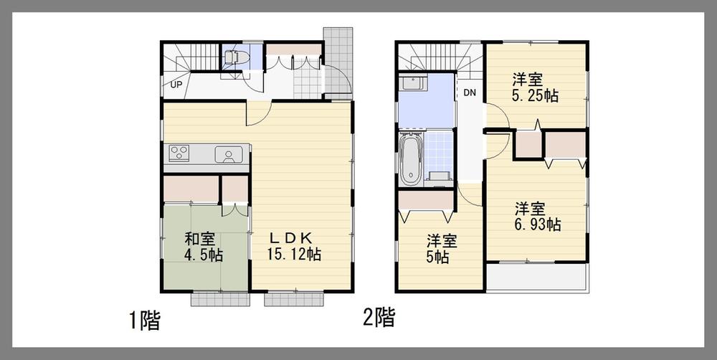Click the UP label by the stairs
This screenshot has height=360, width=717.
coord(176,85)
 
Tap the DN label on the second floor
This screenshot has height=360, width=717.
coord(470,93)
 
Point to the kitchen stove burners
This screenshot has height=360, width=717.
coord(179,153)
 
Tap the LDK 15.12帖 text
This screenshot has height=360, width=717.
coord(294,246)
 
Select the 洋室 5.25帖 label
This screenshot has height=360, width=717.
coord(535,87)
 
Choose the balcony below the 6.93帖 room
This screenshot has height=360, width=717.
coord(536,278)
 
